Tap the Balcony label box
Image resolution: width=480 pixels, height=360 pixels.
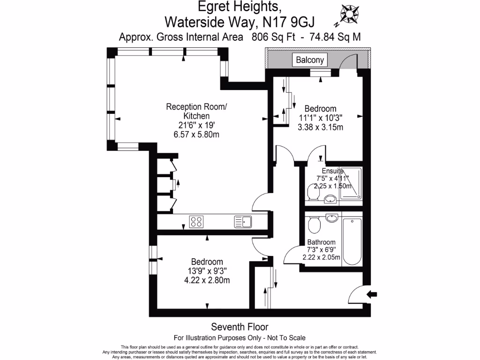click(x=309, y=60)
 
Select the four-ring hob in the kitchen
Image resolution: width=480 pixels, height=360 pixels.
click(x=196, y=221)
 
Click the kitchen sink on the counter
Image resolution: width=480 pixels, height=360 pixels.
click(x=243, y=221)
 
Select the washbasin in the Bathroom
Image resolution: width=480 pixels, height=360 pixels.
click(x=332, y=218)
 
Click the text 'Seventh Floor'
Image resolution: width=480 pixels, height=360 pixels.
click(x=240, y=327)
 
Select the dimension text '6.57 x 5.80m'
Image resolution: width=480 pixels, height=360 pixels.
click(x=196, y=135)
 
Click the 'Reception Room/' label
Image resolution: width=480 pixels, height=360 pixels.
click(x=196, y=107)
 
